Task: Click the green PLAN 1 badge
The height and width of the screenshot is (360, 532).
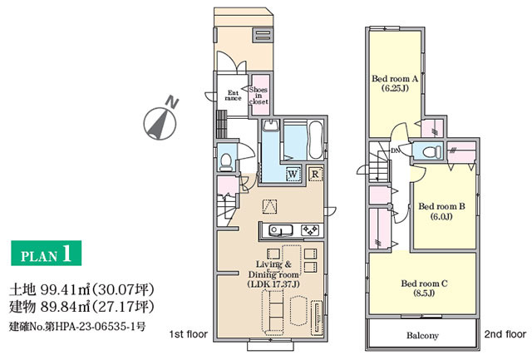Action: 47,253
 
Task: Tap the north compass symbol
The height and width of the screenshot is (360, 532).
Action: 160,121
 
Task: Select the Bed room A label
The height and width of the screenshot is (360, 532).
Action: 395,83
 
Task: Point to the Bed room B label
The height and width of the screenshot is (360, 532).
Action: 441,211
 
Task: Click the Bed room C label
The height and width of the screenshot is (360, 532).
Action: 424,288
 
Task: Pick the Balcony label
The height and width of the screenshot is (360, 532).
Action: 423,336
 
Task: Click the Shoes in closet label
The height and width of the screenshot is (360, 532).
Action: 259,96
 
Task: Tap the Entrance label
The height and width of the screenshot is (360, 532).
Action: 233,96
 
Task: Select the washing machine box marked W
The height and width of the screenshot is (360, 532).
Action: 293,174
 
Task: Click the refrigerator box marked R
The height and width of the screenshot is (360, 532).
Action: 315,174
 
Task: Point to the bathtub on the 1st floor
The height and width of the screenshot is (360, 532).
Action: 316,140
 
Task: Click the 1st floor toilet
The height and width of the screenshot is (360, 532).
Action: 226,162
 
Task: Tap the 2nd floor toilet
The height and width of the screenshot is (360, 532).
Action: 432,151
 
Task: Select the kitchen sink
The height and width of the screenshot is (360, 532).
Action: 281,230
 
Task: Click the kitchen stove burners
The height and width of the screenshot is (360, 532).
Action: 310,230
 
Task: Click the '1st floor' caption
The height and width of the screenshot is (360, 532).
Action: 189,334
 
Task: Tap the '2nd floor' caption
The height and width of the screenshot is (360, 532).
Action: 505,334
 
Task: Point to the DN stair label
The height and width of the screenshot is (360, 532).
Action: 396,150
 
